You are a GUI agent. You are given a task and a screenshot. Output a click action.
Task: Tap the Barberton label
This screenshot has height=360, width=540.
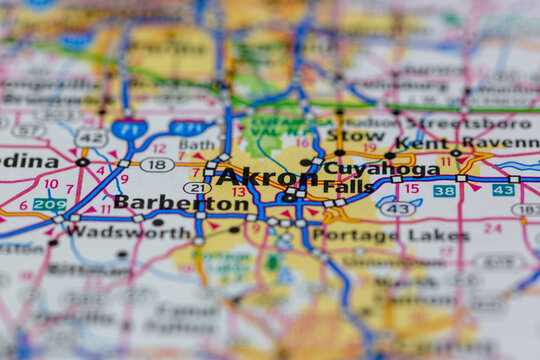(x=181, y=203)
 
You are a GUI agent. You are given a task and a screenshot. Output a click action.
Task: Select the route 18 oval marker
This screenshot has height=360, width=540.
(x=156, y=165)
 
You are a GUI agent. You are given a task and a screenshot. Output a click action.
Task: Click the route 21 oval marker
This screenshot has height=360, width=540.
(x=197, y=187)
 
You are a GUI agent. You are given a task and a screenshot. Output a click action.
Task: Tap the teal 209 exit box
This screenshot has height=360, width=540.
(x=49, y=203)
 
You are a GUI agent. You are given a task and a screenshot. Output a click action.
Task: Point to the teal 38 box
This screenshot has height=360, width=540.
(x=444, y=190)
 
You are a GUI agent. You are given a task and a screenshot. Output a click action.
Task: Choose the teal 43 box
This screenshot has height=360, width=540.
(x=503, y=189)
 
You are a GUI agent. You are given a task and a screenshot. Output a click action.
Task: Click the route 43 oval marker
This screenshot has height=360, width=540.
(x=398, y=209)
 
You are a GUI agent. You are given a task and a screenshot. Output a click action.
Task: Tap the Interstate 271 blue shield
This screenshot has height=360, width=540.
(x=187, y=128)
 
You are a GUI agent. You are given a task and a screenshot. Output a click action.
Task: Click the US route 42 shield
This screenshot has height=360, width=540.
(x=91, y=137)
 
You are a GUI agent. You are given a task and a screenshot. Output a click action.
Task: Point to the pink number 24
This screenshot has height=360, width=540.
(x=492, y=228)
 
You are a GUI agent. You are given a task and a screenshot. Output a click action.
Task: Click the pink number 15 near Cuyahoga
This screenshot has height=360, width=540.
(x=411, y=188)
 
